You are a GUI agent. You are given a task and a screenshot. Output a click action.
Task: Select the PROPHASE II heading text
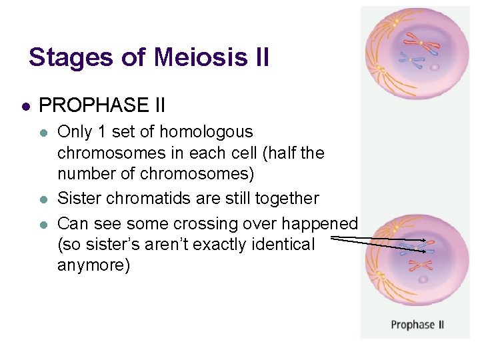pyautogui.click(x=102, y=105)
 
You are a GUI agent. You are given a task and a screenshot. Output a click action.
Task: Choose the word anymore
pyautogui.click(x=93, y=266)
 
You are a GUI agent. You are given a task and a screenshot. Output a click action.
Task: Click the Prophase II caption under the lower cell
pyautogui.click(x=417, y=325)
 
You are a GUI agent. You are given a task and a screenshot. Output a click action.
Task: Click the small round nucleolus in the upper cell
pyautogui.click(x=435, y=67)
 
